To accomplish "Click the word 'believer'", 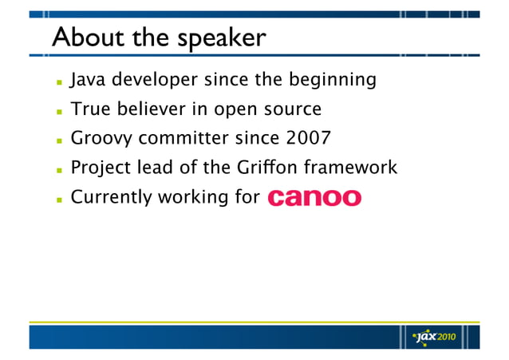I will (x=148, y=109).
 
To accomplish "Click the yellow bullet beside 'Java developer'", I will (x=57, y=82).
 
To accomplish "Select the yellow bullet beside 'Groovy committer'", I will (x=57, y=140).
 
